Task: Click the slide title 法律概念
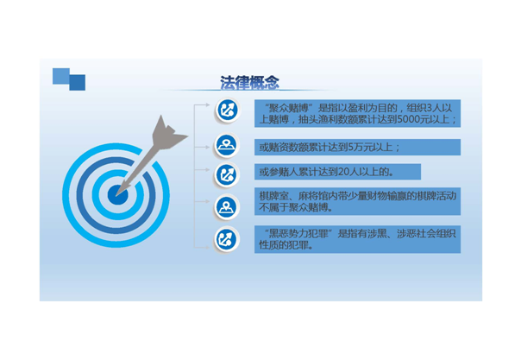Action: [249, 82]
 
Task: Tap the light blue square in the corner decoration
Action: [61, 76]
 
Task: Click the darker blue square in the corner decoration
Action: [78, 83]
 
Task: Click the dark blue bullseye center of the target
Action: [117, 195]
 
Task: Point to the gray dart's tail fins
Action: [168, 132]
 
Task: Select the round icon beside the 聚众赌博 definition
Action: [227, 110]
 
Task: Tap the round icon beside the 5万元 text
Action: [227, 145]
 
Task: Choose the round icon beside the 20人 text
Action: [227, 174]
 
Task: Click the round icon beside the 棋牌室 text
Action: [227, 207]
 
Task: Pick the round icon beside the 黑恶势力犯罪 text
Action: [227, 239]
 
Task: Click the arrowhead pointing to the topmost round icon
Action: [208, 104]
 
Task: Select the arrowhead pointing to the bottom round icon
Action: [208, 247]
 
